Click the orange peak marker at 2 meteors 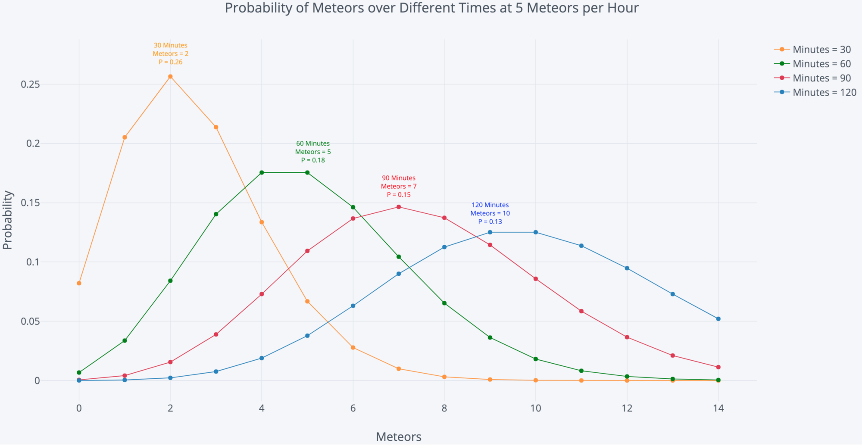pyautogui.click(x=170, y=77)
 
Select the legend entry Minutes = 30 pyautogui.click(x=821, y=50)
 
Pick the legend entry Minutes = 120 pyautogui.click(x=824, y=92)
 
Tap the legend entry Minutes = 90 pyautogui.click(x=821, y=78)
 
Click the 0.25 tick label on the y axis pyautogui.click(x=30, y=84)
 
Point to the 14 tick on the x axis pyautogui.click(x=718, y=408)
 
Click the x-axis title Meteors pyautogui.click(x=399, y=437)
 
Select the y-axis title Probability pyautogui.click(x=8, y=220)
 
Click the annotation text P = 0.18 pyautogui.click(x=313, y=160)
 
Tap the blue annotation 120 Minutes pyautogui.click(x=490, y=205)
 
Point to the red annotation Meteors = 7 pyautogui.click(x=399, y=187)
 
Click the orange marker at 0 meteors pyautogui.click(x=79, y=283)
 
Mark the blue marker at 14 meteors pyautogui.click(x=718, y=319)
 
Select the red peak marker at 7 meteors pyautogui.click(x=399, y=207)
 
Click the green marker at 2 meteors pyautogui.click(x=170, y=281)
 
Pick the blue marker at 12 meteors pyautogui.click(x=627, y=268)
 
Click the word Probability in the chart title pyautogui.click(x=258, y=8)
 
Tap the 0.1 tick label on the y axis pyautogui.click(x=33, y=262)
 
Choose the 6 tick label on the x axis pyautogui.click(x=353, y=408)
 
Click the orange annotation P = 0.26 pyautogui.click(x=171, y=62)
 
